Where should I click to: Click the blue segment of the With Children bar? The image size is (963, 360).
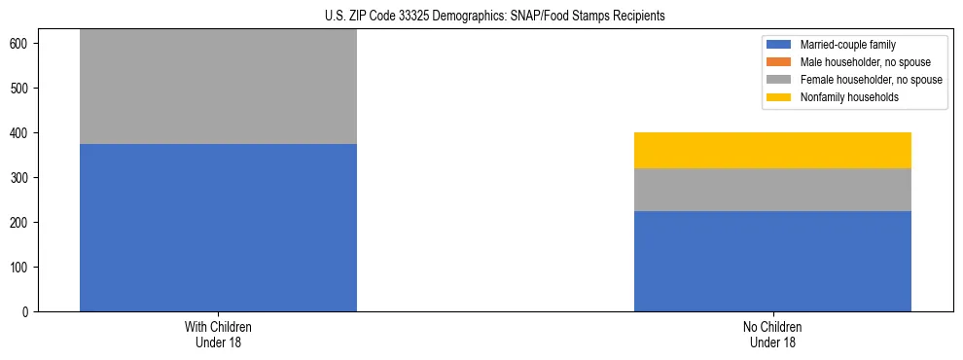(x=218, y=228)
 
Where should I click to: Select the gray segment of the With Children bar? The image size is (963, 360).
(x=218, y=88)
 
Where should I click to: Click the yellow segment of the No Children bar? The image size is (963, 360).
(x=772, y=150)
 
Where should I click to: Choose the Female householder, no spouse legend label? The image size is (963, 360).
(x=871, y=80)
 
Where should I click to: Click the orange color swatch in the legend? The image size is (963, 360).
(x=780, y=62)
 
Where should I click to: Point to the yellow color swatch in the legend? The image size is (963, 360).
(x=780, y=97)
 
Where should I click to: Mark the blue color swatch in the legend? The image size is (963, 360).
(x=780, y=45)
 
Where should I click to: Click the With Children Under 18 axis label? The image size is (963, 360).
(x=218, y=334)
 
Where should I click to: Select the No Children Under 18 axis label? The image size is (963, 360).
(x=772, y=334)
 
